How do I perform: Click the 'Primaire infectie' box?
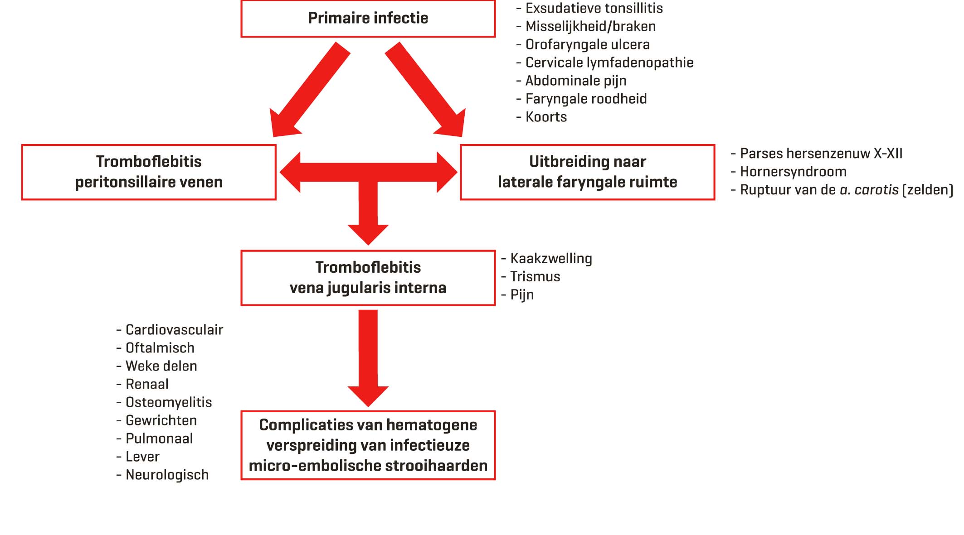[x=368, y=19]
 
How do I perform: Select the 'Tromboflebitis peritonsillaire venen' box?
[x=149, y=172]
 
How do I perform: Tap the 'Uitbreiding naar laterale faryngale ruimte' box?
[x=587, y=172]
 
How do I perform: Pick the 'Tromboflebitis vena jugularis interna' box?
[x=368, y=278]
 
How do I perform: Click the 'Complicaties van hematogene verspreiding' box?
[x=368, y=445]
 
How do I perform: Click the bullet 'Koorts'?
[x=546, y=117]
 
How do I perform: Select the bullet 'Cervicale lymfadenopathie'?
[x=609, y=63]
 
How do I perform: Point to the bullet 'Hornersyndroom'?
[x=793, y=172]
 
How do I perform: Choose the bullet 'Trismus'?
[x=535, y=276]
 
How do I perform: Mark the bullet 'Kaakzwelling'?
[x=551, y=258]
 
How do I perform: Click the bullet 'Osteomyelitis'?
[x=168, y=402]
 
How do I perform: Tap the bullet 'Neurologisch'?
[x=167, y=475]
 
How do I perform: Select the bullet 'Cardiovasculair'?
[x=174, y=330]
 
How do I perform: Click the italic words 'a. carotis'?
[x=869, y=190]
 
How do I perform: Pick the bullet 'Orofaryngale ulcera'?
[x=587, y=44]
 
